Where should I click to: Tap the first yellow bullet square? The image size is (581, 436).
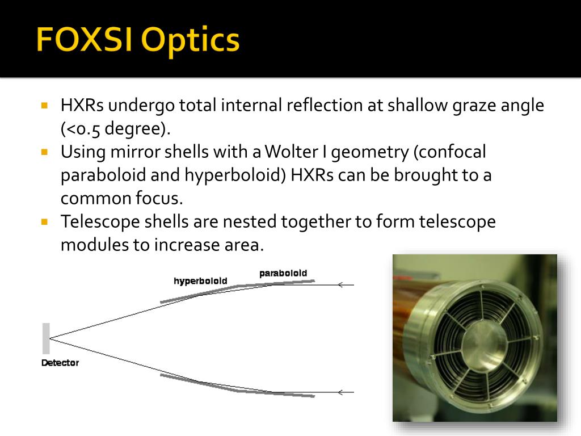point(45,105)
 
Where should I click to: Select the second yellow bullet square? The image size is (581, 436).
point(45,152)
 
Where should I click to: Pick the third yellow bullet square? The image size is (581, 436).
point(45,221)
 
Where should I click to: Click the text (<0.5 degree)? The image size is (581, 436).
point(116,129)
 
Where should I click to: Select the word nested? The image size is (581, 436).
point(247,222)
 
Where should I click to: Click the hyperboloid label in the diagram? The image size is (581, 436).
point(200,281)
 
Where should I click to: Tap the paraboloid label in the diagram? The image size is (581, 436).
point(283,273)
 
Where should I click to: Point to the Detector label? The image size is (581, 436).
point(60,363)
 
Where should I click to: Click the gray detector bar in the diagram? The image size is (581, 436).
point(46,338)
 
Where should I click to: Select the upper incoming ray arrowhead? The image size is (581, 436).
point(340,285)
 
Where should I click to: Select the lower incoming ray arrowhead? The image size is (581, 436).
point(340,392)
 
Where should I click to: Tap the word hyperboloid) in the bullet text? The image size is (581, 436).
point(235,175)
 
